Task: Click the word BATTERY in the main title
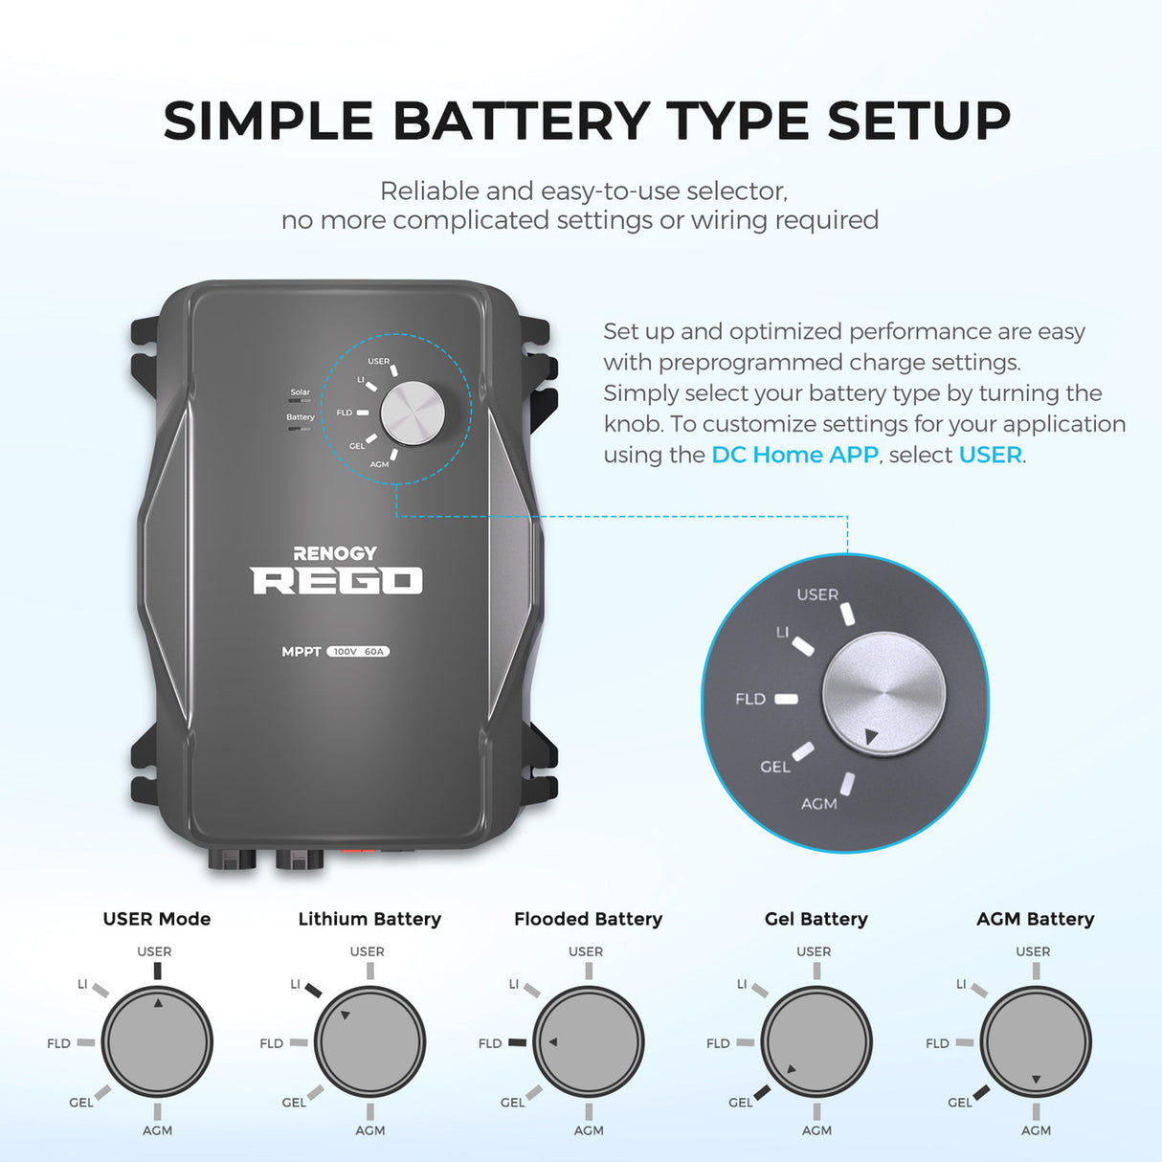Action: click(521, 122)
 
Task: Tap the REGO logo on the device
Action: click(336, 581)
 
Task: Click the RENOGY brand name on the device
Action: click(334, 553)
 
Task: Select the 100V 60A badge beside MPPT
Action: click(358, 652)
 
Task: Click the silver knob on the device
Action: click(413, 413)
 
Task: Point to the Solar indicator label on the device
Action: click(300, 392)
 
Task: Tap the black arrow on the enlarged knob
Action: click(870, 737)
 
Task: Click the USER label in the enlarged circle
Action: click(817, 594)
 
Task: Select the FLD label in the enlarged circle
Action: click(750, 699)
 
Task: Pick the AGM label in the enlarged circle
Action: click(819, 804)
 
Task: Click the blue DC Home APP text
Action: click(794, 455)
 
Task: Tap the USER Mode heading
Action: click(157, 919)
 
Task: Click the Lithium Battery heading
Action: click(369, 919)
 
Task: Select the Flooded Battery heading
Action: click(588, 919)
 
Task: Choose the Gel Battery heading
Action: click(816, 919)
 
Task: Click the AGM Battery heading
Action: click(1036, 919)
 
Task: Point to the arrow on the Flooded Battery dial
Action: click(553, 1041)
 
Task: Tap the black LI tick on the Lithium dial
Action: click(312, 989)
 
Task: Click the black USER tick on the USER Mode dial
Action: click(157, 970)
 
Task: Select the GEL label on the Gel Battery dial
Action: click(741, 1103)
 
